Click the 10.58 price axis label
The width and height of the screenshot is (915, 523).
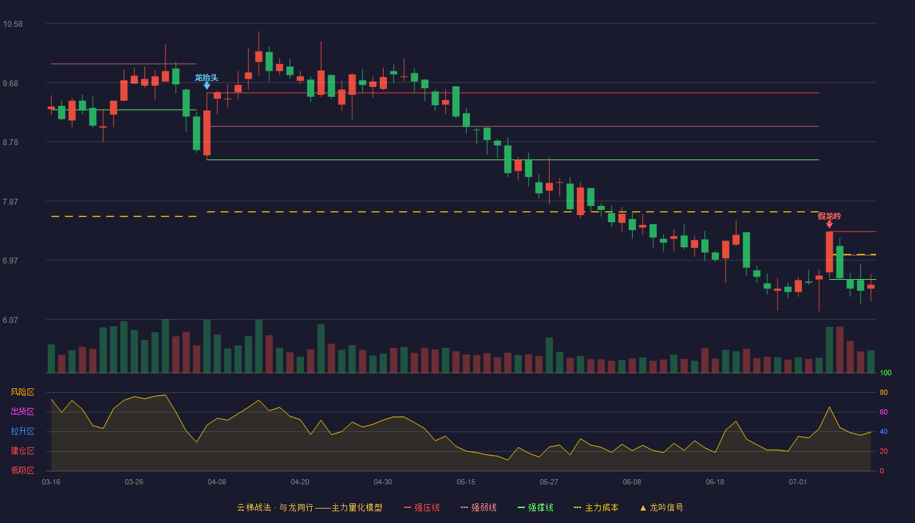point(12,24)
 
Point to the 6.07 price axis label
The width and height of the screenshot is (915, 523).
point(10,320)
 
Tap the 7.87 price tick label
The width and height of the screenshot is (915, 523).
point(10,202)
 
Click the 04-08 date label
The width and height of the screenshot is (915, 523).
point(217,482)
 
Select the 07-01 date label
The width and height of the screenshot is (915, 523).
point(798,482)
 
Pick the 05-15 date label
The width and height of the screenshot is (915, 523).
point(466,482)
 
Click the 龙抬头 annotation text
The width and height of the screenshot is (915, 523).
point(207,78)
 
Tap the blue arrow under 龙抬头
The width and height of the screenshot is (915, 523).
point(207,86)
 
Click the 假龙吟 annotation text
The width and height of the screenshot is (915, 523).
point(829,216)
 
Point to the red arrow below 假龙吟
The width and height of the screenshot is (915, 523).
point(829,224)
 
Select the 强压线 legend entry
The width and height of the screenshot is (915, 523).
point(422,507)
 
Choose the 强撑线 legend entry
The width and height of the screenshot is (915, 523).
point(535,507)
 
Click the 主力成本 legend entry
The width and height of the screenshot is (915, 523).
point(596,507)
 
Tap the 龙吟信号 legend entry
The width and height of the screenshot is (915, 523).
point(661,507)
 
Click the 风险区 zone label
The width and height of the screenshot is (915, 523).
point(22,392)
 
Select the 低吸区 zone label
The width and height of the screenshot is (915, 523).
point(22,471)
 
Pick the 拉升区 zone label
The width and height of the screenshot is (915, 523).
point(22,431)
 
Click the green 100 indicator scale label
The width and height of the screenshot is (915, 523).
point(886,373)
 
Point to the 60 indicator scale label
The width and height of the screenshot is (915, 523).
point(884,412)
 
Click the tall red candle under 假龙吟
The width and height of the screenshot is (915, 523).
point(829,252)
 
